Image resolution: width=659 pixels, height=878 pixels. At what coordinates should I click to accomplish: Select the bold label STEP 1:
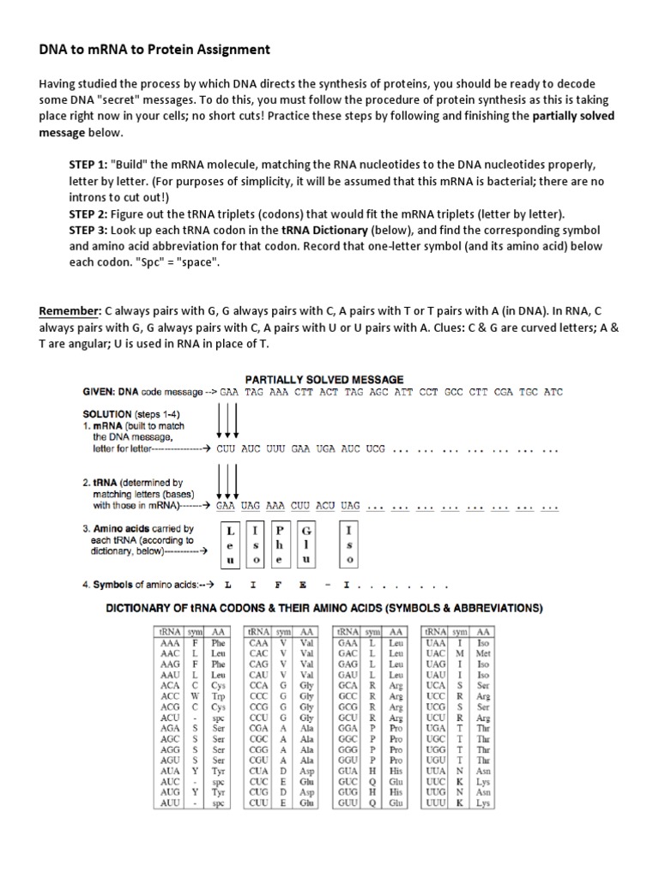88,164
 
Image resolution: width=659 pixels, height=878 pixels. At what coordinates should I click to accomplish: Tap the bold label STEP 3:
88,232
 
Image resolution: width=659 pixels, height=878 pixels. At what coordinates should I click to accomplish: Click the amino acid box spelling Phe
279,546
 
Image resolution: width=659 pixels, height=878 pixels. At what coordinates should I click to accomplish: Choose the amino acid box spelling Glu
307,546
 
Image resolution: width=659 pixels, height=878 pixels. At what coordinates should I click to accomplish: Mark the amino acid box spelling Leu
229,546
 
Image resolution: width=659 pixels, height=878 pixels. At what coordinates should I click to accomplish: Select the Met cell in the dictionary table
484,653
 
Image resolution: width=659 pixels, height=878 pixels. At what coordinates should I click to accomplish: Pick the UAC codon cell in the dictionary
437,653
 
